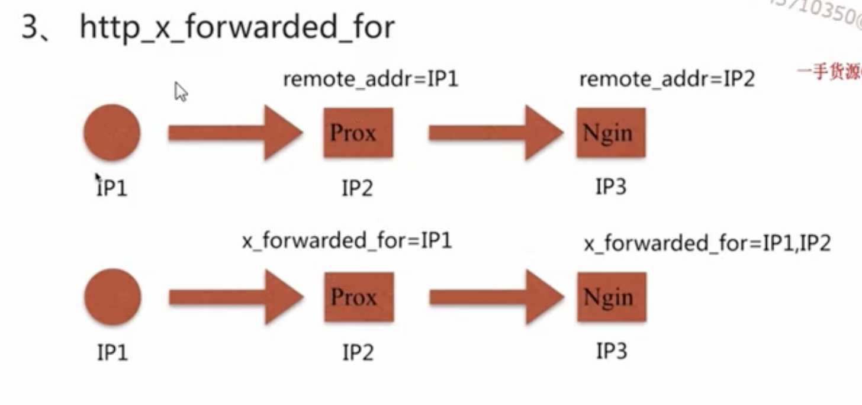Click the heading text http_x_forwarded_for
pyautogui.click(x=237, y=27)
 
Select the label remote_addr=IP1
pyautogui.click(x=371, y=79)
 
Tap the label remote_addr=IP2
pyautogui.click(x=667, y=79)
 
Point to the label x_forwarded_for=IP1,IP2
pyautogui.click(x=707, y=243)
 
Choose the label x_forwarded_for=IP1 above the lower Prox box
pyautogui.click(x=347, y=241)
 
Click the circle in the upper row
pyautogui.click(x=112, y=133)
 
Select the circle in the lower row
pyautogui.click(x=112, y=297)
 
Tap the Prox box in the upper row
pyautogui.click(x=358, y=133)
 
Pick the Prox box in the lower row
pyautogui.click(x=359, y=297)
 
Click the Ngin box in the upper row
pyautogui.click(x=611, y=133)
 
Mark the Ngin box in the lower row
pyautogui.click(x=612, y=297)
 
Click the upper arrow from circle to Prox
pyautogui.click(x=235, y=133)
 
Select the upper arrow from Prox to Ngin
pyautogui.click(x=496, y=133)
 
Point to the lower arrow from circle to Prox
pyautogui.click(x=236, y=297)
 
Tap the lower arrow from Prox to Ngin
pyautogui.click(x=496, y=297)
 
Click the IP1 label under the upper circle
pyautogui.click(x=112, y=188)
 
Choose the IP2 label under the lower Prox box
pyautogui.click(x=358, y=352)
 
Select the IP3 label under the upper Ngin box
pyautogui.click(x=611, y=188)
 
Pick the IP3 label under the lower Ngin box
pyautogui.click(x=611, y=351)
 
